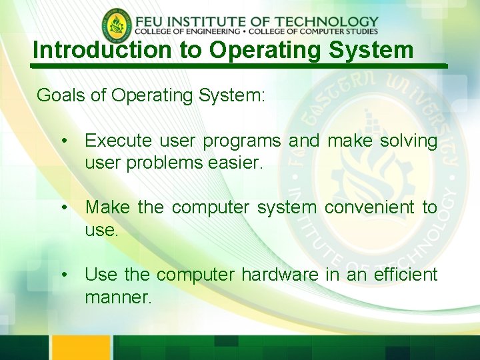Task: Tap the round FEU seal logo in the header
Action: [117, 25]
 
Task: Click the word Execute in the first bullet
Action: [119, 141]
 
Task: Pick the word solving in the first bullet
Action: [408, 141]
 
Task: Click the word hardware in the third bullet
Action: [280, 274]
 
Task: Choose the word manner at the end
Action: [118, 297]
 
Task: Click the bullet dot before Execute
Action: [64, 141]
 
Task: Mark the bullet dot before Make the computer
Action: [64, 208]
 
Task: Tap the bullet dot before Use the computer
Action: [64, 275]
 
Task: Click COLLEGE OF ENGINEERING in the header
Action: [187, 31]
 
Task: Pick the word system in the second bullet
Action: [287, 208]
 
